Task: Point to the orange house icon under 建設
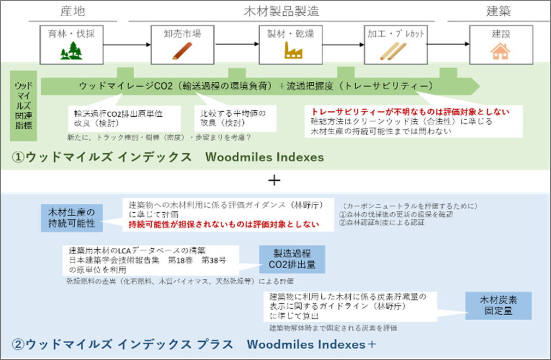pos(500,51)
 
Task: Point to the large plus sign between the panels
pos(275,180)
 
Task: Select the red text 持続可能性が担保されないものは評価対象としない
pos(224,224)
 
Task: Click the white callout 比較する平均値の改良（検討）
pos(235,118)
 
